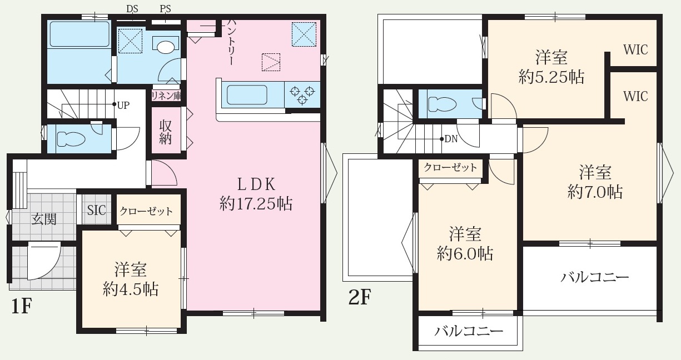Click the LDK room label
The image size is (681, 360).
[256, 184]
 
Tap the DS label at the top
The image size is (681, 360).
[132, 9]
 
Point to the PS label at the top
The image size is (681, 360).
[166, 9]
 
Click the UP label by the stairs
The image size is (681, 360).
[123, 106]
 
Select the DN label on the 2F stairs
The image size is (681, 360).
[451, 139]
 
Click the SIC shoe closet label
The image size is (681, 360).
[96, 210]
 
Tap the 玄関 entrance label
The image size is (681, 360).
[44, 219]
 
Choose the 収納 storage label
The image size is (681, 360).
[166, 132]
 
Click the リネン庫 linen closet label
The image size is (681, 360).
[166, 96]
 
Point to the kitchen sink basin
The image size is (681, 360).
[247, 95]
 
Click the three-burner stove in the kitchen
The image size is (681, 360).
[302, 94]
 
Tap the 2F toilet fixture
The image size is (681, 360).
[442, 104]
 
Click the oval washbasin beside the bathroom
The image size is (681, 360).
[166, 48]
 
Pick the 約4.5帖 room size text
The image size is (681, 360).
[131, 289]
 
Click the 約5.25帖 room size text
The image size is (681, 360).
[551, 77]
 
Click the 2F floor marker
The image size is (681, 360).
[360, 297]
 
